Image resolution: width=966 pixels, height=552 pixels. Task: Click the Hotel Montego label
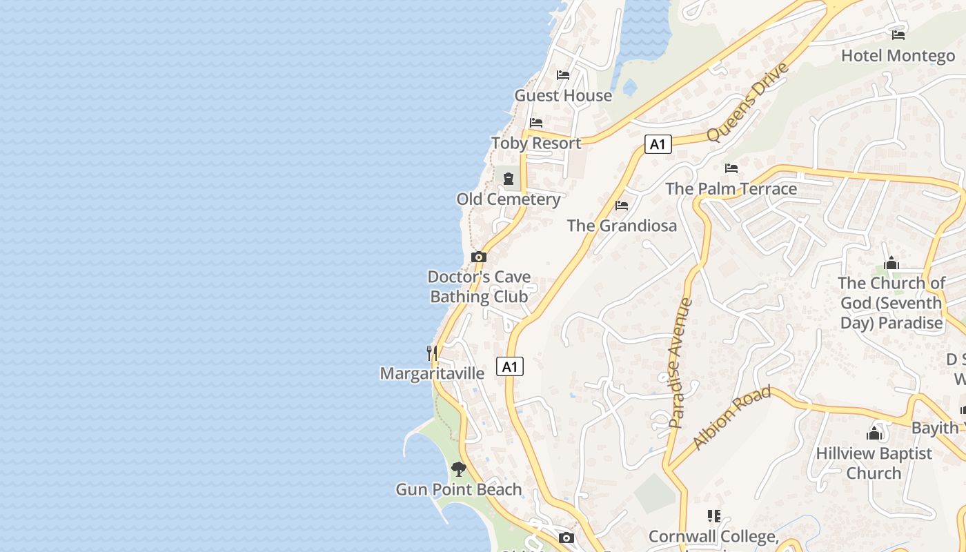coord(898,56)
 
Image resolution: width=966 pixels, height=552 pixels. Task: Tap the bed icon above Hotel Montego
coord(898,34)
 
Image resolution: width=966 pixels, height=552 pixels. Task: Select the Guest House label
coord(563,96)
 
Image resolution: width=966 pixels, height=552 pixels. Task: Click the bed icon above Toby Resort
coord(536,123)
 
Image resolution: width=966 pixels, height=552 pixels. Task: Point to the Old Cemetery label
coord(509,199)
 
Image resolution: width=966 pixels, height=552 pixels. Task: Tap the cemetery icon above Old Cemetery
coord(509,179)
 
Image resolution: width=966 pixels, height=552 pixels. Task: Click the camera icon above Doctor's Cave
coord(479,257)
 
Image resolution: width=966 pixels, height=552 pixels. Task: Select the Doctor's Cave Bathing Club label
coord(480,286)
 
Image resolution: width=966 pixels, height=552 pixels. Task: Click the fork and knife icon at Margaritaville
coord(432,353)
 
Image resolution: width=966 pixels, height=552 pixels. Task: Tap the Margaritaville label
coord(432,373)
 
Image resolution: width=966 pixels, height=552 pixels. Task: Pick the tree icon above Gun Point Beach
coord(458,469)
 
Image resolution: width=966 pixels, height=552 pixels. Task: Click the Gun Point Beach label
coord(458,490)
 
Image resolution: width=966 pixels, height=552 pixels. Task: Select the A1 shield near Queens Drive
coord(658,144)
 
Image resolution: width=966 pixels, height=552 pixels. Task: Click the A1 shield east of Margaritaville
coord(510,366)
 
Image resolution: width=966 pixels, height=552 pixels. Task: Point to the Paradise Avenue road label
coord(680,363)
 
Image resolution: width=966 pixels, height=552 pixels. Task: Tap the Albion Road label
coord(731,417)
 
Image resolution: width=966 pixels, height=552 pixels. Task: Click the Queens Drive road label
coord(747,102)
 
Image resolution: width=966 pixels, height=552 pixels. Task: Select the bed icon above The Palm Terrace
coord(731,168)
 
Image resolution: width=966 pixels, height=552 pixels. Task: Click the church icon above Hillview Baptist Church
coord(874,433)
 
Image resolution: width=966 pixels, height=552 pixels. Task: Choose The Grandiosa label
coord(622,226)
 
